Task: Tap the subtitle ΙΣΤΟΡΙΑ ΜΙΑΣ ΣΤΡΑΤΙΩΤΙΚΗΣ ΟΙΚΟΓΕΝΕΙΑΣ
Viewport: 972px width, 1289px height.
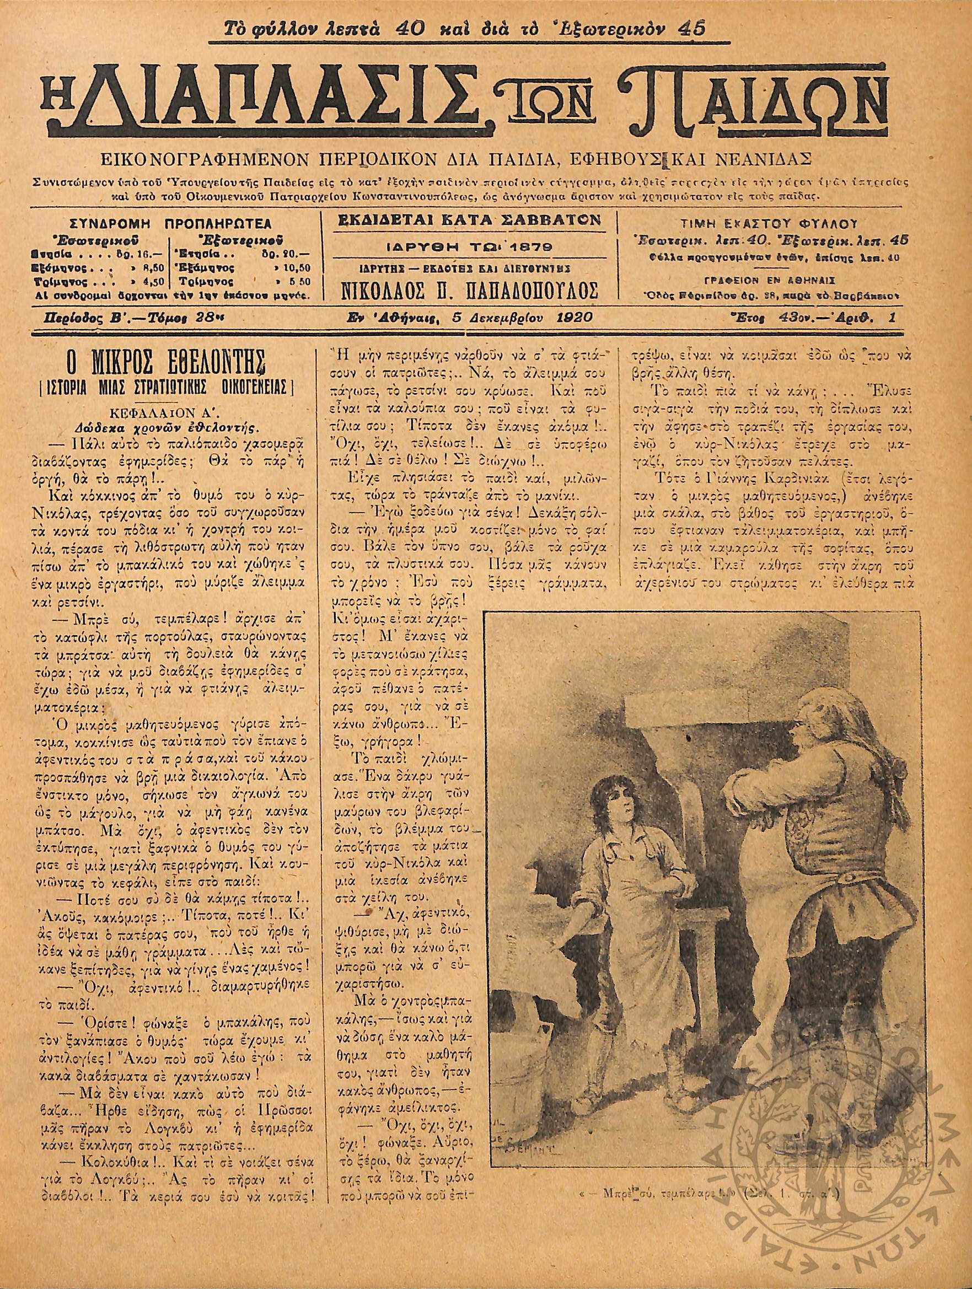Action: (x=164, y=388)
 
